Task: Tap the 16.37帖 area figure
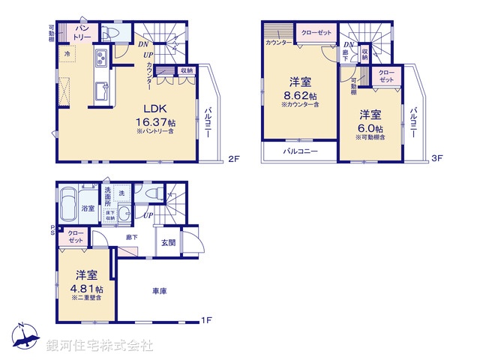(156, 121)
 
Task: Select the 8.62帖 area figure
(300, 95)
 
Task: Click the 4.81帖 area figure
(87, 288)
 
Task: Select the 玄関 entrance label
(167, 242)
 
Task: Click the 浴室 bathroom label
(88, 208)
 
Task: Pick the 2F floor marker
(232, 159)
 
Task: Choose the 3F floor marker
(438, 159)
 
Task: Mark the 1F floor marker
(206, 321)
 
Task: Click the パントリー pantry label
(82, 33)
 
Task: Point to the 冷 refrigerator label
(68, 55)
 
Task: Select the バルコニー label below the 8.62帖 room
(300, 151)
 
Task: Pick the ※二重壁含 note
(87, 298)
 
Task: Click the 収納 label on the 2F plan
(186, 70)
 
